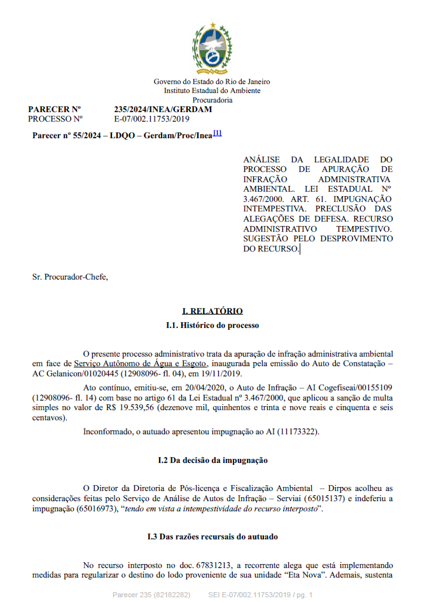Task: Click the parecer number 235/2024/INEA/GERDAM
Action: point(163,110)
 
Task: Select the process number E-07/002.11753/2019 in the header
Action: point(152,118)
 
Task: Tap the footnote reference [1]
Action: point(218,133)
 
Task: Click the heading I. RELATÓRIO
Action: point(212,311)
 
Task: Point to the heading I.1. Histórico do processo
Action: point(212,325)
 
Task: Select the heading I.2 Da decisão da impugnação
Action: point(212,459)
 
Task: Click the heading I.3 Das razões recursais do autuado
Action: point(212,537)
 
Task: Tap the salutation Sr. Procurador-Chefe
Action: point(66,276)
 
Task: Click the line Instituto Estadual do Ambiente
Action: point(212,90)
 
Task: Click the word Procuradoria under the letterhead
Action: point(212,99)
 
